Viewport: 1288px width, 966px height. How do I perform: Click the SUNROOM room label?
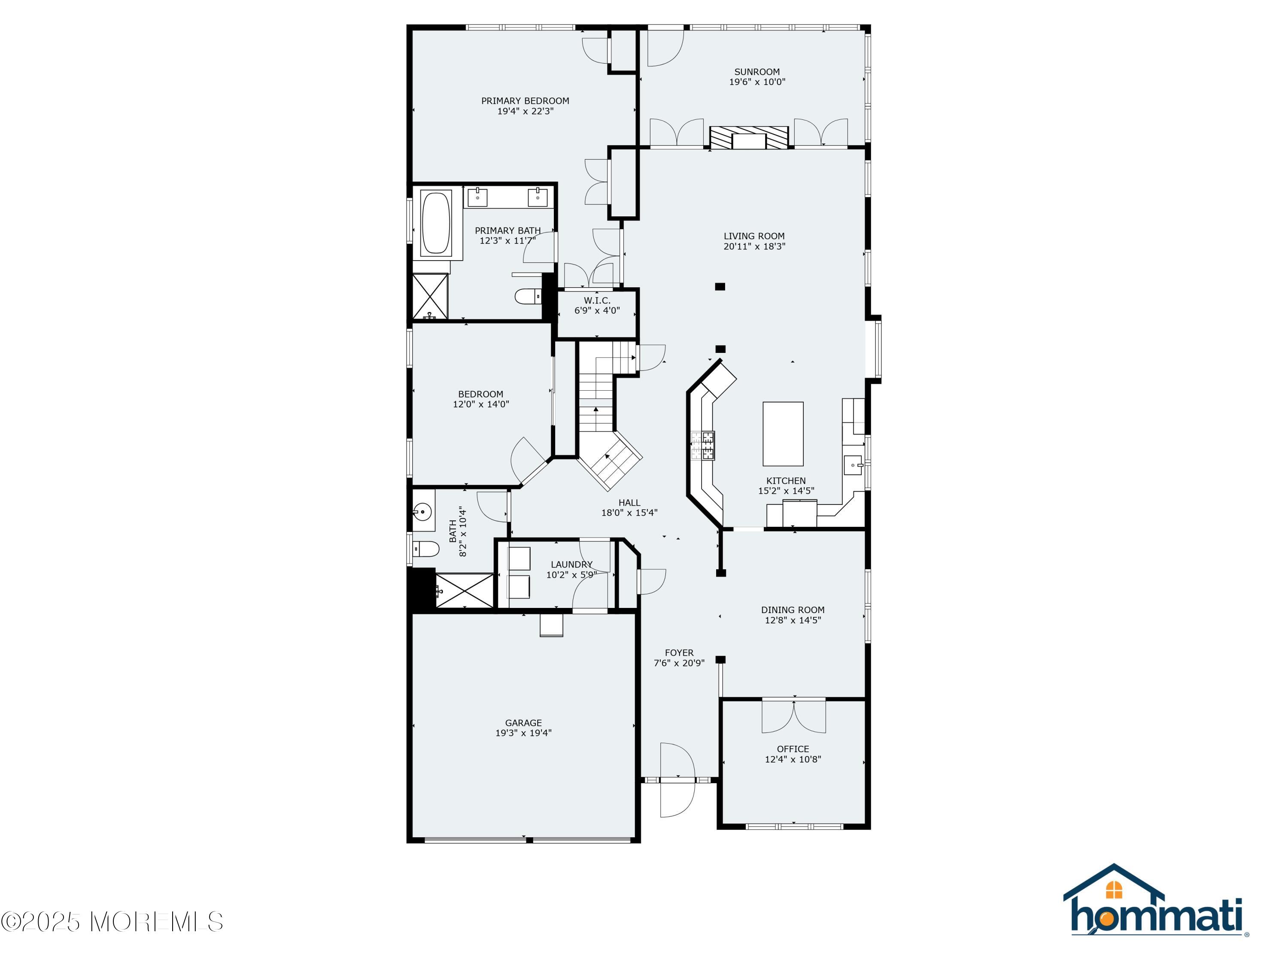757,72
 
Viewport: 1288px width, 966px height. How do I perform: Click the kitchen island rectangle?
783,434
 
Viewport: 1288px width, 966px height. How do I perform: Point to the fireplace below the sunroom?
749,138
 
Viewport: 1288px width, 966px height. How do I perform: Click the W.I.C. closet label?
598,301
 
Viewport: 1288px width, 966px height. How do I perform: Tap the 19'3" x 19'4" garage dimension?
523,733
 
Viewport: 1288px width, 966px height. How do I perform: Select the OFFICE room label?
793,749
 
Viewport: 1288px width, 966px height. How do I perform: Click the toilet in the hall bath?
425,549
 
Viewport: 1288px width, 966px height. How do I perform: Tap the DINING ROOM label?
793,610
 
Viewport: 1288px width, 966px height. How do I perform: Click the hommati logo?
1155,901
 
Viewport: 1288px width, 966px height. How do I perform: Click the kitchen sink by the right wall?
853,465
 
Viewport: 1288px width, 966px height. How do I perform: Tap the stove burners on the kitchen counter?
703,446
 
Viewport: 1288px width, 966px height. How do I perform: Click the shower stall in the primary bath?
430,296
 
